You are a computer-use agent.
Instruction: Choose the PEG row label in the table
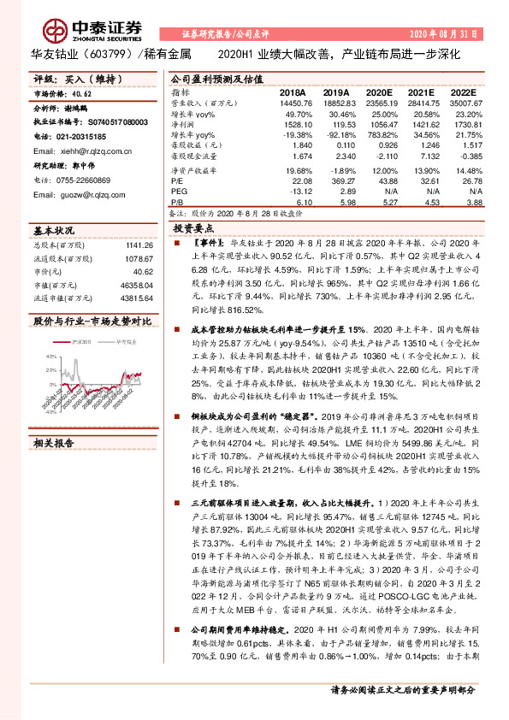(x=179, y=193)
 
